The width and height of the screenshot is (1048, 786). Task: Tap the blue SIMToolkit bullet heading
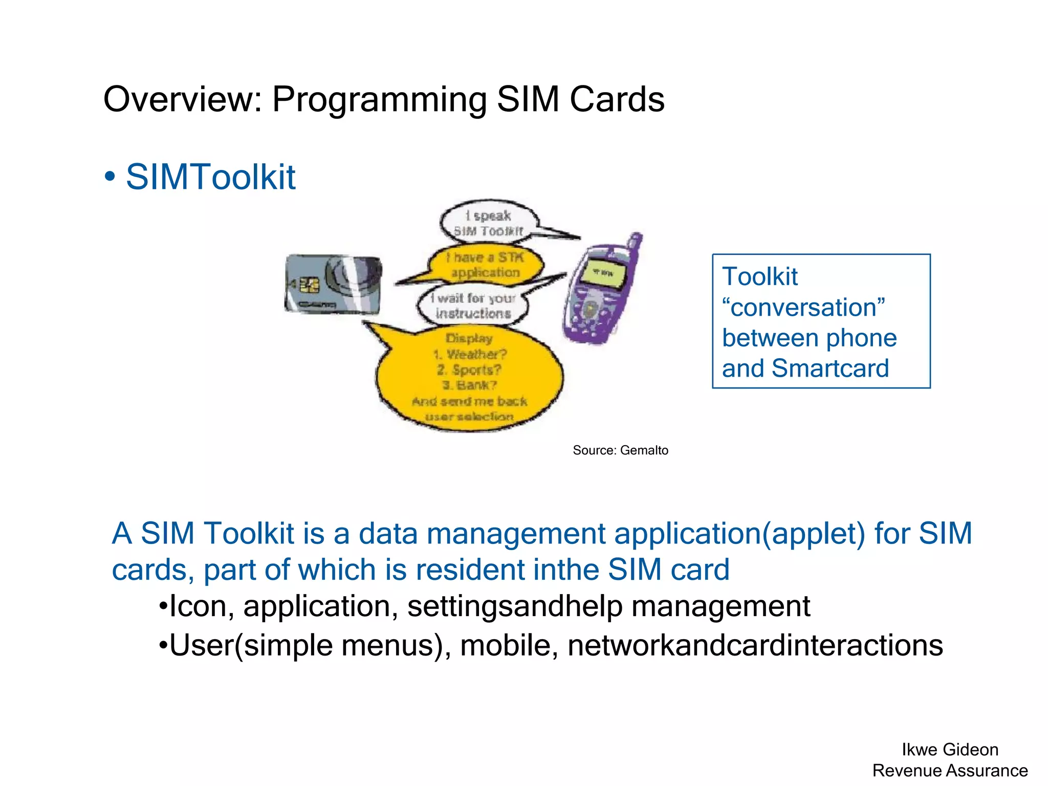[210, 177]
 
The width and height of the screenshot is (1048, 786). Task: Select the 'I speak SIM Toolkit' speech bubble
[489, 223]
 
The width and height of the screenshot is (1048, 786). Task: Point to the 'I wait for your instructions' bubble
[473, 305]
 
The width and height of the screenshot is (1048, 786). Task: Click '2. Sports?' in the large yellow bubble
[469, 369]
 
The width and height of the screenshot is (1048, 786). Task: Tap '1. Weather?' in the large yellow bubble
[470, 354]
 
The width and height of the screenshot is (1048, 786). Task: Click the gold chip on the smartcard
[309, 285]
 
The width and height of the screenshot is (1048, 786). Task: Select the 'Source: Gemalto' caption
[620, 450]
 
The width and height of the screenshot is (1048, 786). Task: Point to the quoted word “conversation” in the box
[803, 308]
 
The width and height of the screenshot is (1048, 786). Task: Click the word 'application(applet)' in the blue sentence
[739, 533]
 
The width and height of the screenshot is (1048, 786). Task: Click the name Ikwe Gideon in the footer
[950, 750]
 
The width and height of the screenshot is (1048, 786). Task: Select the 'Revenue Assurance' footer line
[950, 771]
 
